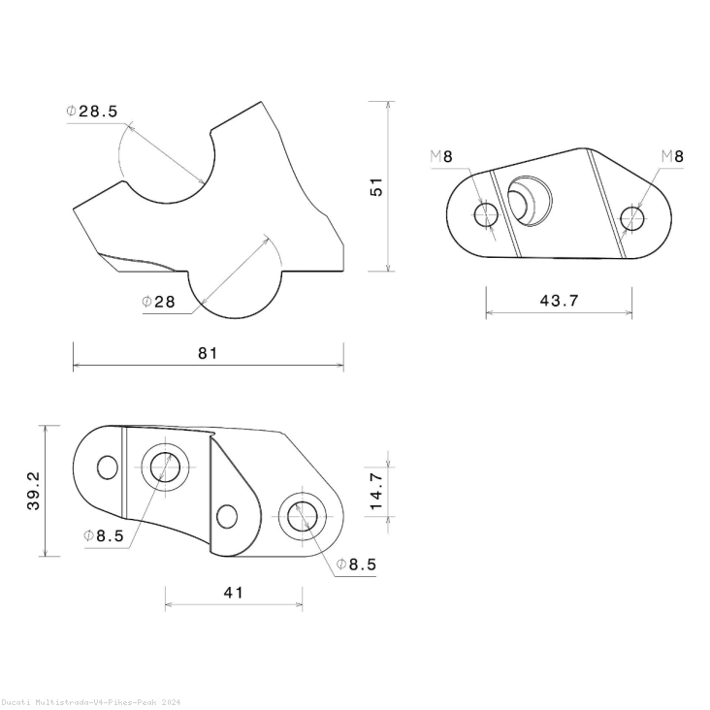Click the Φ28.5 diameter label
click(92, 112)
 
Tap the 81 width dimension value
click(208, 353)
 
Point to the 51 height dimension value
click(377, 186)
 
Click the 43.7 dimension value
click(559, 301)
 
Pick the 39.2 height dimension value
click(34, 491)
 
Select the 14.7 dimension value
click(377, 492)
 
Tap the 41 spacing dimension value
click(233, 593)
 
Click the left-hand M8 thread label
click(441, 156)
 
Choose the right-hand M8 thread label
click(671, 156)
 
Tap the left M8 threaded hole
click(486, 214)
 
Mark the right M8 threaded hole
click(632, 219)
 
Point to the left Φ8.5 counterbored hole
click(166, 468)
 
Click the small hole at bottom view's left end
click(107, 468)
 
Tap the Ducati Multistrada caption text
click(89, 701)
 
